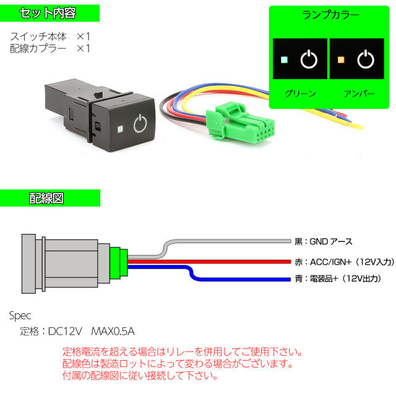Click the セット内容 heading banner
click(x=49, y=13)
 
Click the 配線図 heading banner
click(x=49, y=198)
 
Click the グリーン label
click(x=300, y=93)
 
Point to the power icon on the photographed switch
click(x=141, y=124)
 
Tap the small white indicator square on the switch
click(x=118, y=130)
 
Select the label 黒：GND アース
click(x=324, y=241)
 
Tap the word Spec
click(x=20, y=315)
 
